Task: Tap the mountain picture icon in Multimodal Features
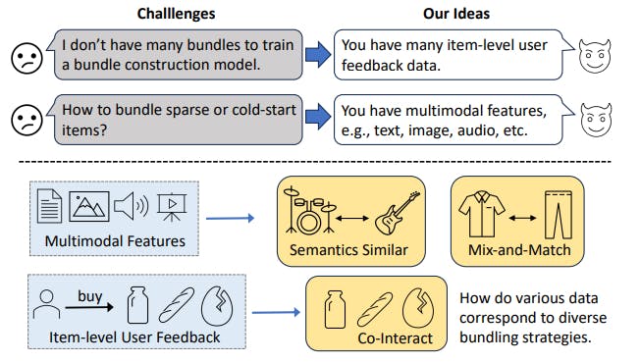coord(90,207)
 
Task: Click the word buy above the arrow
coord(90,293)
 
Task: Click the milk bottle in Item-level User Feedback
coord(138,307)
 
